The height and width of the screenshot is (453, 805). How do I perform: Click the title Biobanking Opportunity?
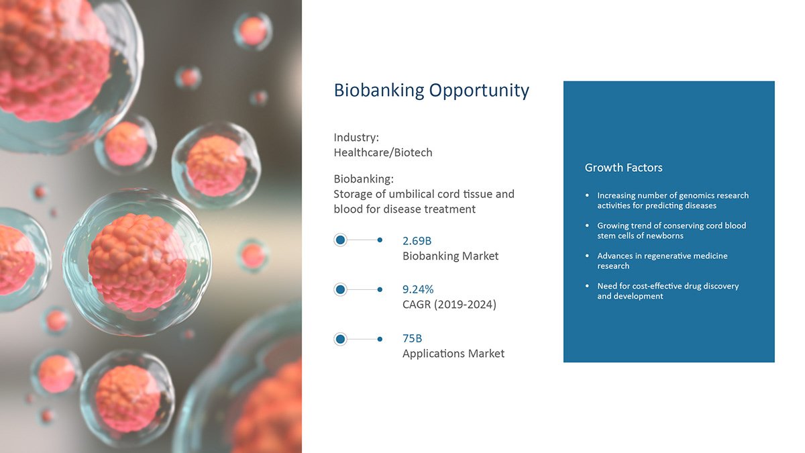point(431,91)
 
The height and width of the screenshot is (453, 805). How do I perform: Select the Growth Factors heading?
point(623,168)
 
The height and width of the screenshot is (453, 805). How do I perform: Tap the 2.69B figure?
point(417,241)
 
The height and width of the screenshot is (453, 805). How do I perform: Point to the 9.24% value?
point(418,289)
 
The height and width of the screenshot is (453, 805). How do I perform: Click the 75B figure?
point(412,338)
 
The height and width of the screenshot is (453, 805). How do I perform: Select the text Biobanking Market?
point(450,256)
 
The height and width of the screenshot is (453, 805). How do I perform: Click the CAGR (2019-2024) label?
point(449,305)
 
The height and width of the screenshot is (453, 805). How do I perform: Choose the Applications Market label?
point(453,354)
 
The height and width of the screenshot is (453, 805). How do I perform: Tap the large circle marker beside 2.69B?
point(340,240)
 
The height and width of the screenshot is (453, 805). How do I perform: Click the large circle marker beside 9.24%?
point(340,289)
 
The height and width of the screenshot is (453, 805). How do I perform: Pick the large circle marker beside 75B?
point(340,339)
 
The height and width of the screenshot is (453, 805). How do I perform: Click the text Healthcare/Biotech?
point(383,153)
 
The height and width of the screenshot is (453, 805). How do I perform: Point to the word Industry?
point(356,138)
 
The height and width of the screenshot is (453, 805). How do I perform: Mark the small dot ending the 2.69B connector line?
point(380,240)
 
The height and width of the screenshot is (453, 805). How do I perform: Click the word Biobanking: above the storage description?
point(364,179)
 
